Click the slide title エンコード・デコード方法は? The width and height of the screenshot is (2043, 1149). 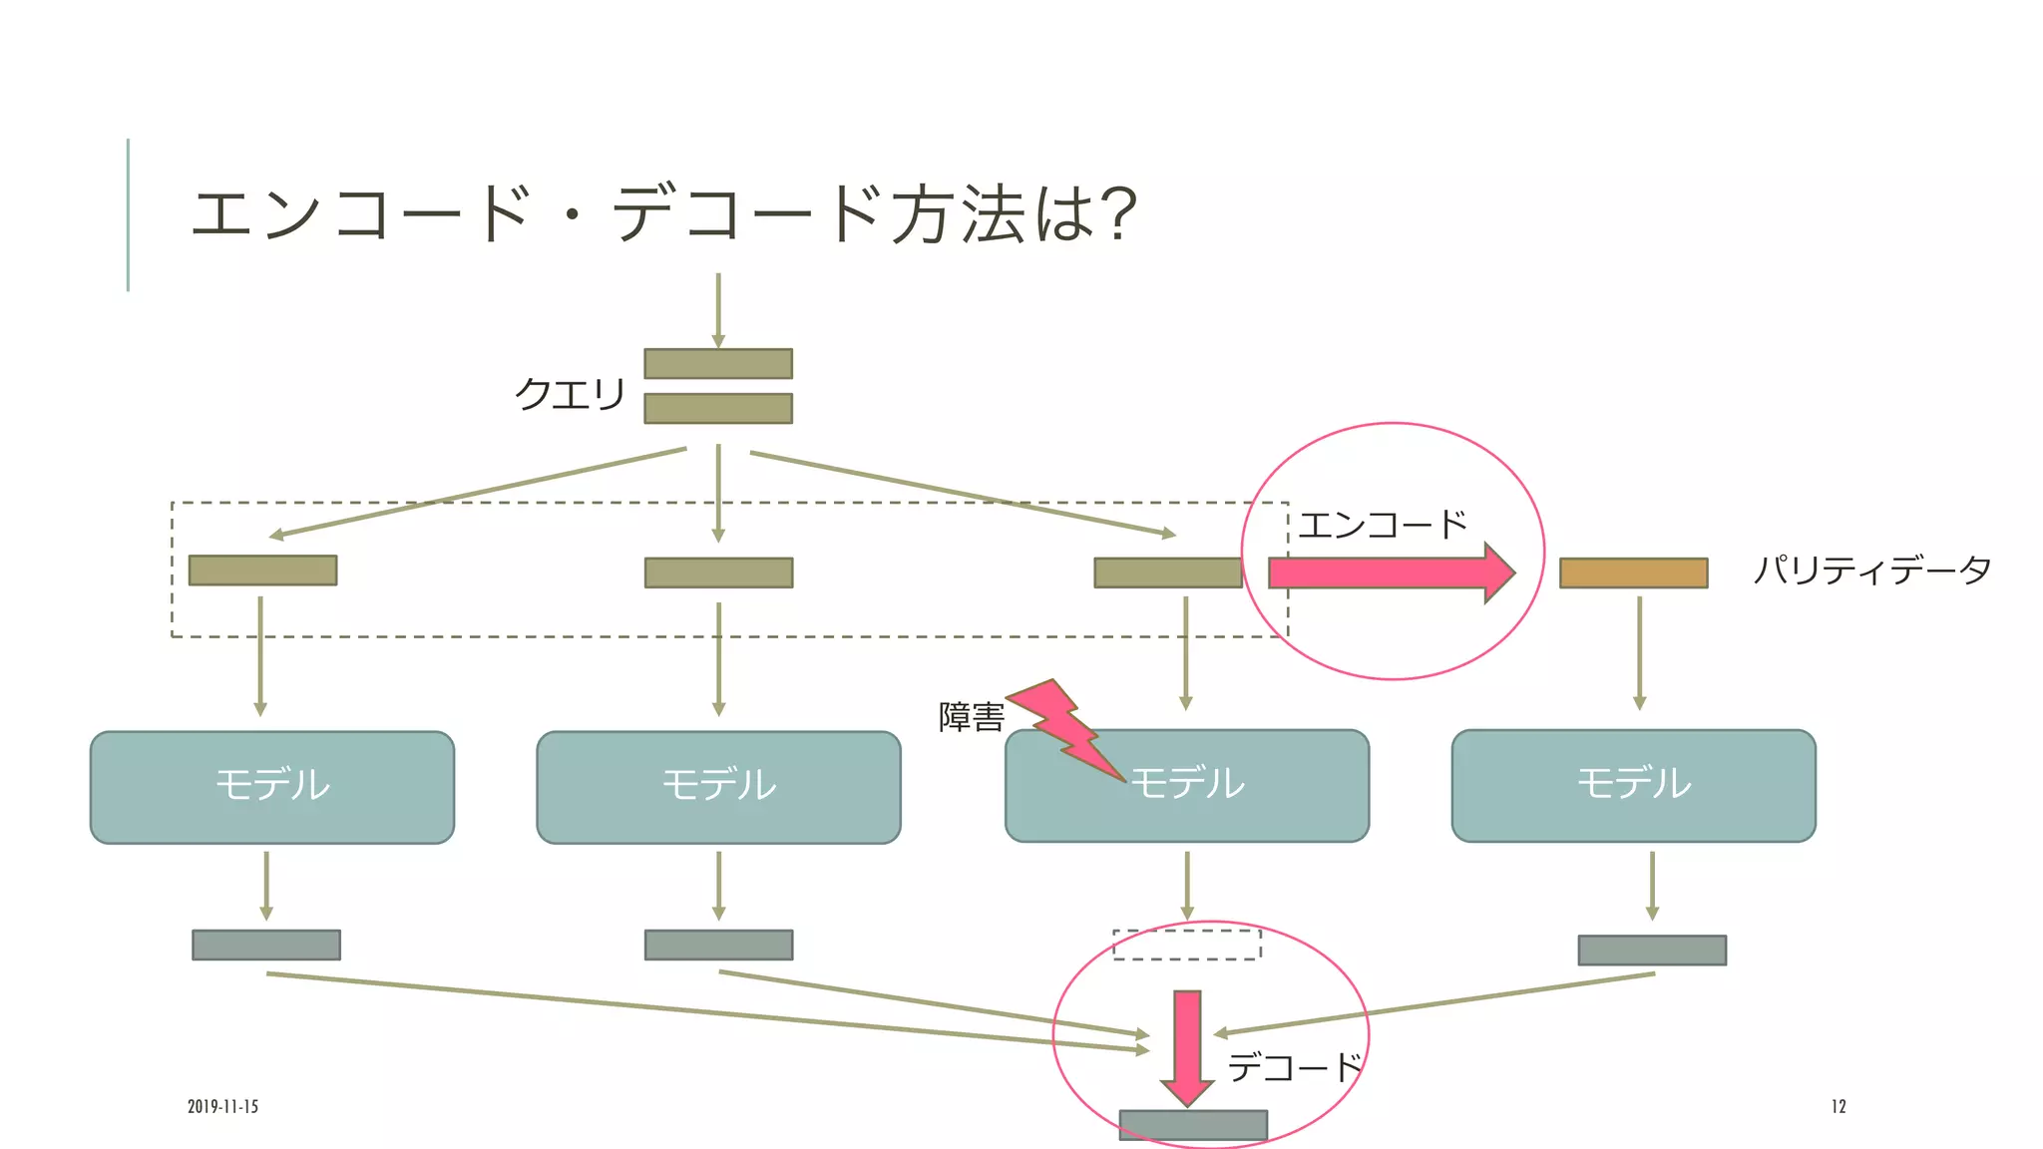coord(663,214)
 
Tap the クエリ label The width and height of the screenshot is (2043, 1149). coord(570,394)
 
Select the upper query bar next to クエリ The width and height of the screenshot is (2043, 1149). coord(718,364)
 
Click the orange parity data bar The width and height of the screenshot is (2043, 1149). coord(1633,573)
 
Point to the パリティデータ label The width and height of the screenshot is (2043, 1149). coord(1872,571)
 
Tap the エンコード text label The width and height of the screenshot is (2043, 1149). coord(1383,526)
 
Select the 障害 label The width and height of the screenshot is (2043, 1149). coord(971,717)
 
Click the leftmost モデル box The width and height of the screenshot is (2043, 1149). coord(272,787)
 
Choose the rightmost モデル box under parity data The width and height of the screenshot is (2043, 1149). coord(1633,785)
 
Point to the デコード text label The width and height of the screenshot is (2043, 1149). coord(1294,1068)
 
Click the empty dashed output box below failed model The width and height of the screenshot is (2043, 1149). coord(1187,945)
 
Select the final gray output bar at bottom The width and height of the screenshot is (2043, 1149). coord(1193,1125)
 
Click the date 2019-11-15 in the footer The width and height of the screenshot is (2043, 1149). coord(222,1106)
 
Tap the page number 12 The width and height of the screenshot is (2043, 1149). coord(1839,1106)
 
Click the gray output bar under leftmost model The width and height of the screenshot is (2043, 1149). coord(266,945)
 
